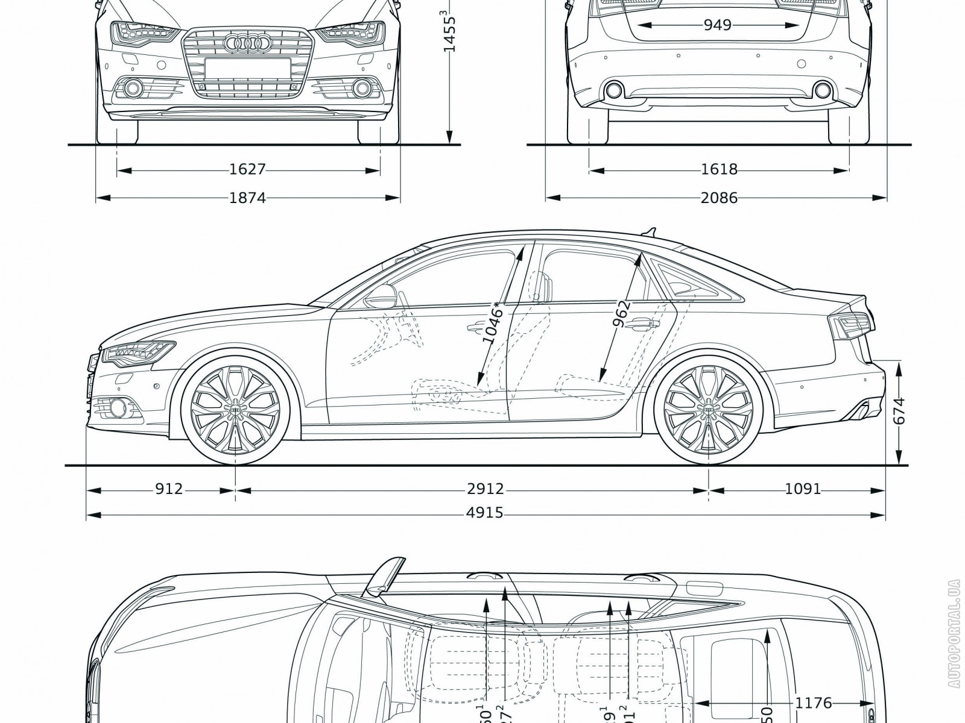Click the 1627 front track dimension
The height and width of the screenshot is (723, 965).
[x=247, y=170]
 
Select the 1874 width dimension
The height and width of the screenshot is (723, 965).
[x=247, y=198]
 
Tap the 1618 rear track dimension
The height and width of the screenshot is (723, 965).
[x=719, y=170]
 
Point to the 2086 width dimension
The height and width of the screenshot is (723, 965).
[x=719, y=198]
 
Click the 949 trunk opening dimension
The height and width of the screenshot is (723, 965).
[x=717, y=25]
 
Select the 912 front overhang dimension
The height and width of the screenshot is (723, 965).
[x=168, y=489]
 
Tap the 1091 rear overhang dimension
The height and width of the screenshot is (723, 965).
[x=803, y=489]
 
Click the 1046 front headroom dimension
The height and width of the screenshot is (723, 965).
[x=492, y=322]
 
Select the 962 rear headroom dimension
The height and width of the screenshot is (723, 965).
[x=621, y=313]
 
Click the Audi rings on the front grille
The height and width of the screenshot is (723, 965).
[x=245, y=43]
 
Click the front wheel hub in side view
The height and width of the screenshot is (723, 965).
[x=235, y=410]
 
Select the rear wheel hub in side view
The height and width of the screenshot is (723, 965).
[x=709, y=410]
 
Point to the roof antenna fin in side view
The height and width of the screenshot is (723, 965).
[x=650, y=230]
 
